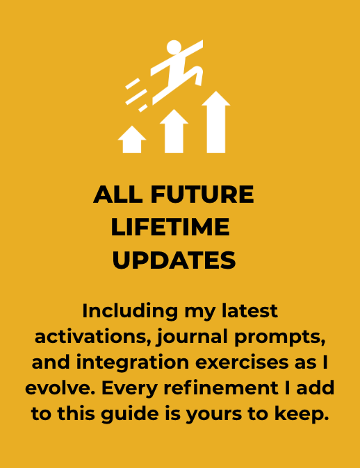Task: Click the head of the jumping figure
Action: tap(174, 47)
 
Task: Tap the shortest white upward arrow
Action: tap(132, 140)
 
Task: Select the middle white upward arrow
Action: tap(174, 131)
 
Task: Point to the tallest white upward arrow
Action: tap(216, 122)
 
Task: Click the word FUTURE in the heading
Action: tap(202, 194)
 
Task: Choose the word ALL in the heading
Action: tap(117, 194)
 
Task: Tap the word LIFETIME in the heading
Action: tap(170, 227)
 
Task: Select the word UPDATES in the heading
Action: tap(174, 260)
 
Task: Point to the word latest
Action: tap(249, 311)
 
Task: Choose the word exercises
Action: tap(238, 362)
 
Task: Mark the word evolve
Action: tap(60, 388)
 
